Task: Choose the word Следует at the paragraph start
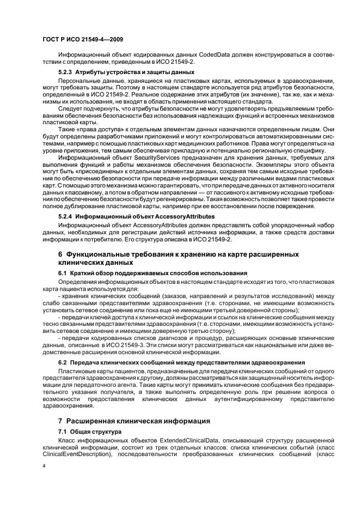coord(71,109)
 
